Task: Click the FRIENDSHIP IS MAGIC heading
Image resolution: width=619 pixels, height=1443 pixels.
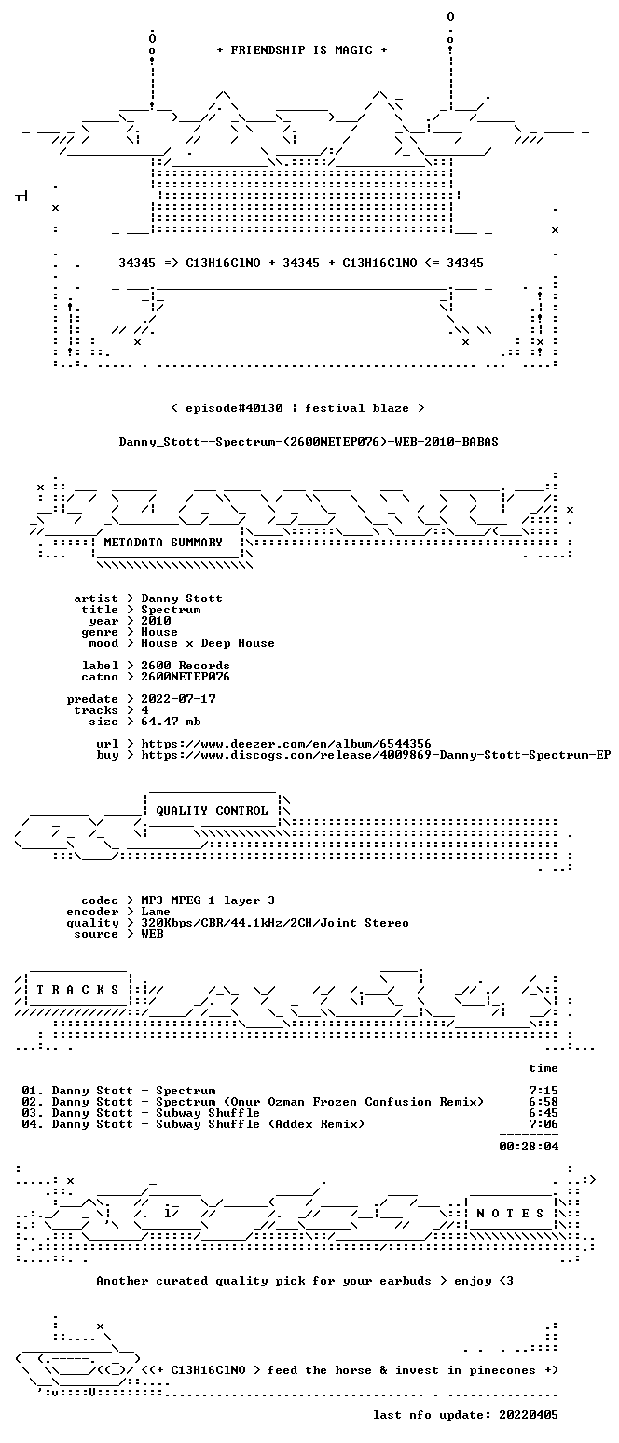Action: coord(301,50)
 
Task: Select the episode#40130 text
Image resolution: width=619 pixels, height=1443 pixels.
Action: coord(234,408)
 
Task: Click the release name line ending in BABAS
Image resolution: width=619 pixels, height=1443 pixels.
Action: coord(309,442)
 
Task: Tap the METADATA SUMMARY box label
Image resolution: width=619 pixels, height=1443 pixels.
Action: coord(163,543)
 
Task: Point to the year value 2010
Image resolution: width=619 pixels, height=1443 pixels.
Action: coord(156,621)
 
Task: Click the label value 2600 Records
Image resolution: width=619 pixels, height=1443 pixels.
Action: coord(186,666)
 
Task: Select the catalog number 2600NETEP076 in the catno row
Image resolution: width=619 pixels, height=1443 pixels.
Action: coord(186,677)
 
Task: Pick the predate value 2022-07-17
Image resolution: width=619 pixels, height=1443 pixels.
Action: coord(178,699)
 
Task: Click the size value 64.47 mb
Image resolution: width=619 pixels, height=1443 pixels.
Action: coord(171,721)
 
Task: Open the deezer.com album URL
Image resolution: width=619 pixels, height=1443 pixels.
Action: coord(286,744)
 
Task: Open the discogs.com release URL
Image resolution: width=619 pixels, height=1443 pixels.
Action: coord(376,755)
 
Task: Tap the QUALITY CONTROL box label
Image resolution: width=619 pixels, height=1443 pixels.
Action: coord(212,811)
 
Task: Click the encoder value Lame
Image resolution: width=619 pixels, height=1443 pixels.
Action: coord(156,913)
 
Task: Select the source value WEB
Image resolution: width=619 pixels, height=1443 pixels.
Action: coord(152,934)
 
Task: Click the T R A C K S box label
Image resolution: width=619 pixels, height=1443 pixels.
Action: coord(77,989)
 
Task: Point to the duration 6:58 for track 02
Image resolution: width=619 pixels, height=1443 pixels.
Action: coord(543,1102)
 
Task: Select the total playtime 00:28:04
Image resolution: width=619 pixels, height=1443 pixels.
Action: coord(529,1146)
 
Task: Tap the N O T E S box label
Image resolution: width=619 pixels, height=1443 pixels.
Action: coord(510,1214)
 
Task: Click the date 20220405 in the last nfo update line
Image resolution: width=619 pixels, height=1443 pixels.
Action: coord(529,1415)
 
